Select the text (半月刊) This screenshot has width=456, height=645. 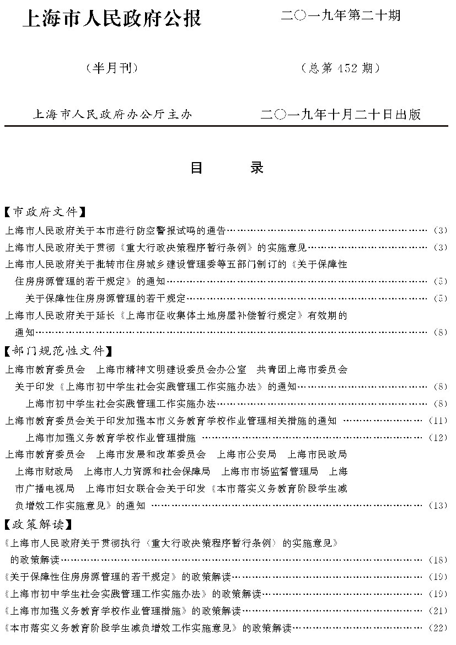pyautogui.click(x=112, y=68)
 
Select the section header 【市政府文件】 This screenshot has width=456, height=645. pyautogui.click(x=44, y=212)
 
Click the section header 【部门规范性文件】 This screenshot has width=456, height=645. pyautogui.click(x=58, y=352)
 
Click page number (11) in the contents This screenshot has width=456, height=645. pyautogui.click(x=439, y=421)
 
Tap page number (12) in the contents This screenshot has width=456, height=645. pyautogui.click(x=439, y=438)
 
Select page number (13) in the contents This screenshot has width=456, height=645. pyautogui.click(x=439, y=506)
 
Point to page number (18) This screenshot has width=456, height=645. pyautogui.click(x=439, y=560)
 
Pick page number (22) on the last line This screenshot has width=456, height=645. pyautogui.click(x=439, y=628)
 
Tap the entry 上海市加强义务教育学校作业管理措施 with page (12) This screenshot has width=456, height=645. pyautogui.click(x=111, y=438)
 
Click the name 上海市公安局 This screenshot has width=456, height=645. pyautogui.click(x=246, y=455)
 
